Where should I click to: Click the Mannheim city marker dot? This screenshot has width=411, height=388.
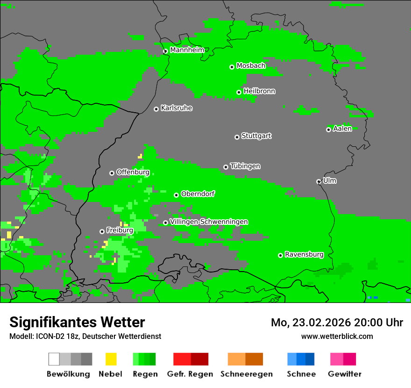(165, 51)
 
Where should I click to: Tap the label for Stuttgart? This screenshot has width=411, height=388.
(256, 136)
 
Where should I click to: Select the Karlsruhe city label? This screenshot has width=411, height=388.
(176, 108)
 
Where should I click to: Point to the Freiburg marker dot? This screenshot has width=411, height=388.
(102, 231)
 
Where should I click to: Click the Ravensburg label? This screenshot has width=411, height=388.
(304, 255)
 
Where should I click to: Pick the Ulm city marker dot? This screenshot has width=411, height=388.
(319, 181)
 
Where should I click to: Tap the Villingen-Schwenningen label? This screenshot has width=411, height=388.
(209, 222)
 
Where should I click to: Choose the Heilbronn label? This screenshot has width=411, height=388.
(259, 91)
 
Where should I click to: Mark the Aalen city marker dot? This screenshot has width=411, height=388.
(328, 129)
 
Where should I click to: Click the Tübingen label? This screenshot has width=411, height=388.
(245, 166)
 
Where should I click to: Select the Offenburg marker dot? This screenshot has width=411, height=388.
(112, 173)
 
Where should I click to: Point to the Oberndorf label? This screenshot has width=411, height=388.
(198, 194)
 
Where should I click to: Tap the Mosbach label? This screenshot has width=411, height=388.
(251, 66)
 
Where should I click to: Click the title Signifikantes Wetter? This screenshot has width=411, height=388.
(77, 322)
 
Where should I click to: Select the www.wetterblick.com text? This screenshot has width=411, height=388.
(337, 336)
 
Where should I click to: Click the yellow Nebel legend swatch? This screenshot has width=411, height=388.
(111, 359)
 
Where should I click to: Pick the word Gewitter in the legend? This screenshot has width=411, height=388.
(344, 374)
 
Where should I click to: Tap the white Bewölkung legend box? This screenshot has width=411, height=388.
(54, 359)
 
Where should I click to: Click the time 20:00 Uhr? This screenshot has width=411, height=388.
(378, 323)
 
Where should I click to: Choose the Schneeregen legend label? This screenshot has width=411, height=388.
(246, 374)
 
